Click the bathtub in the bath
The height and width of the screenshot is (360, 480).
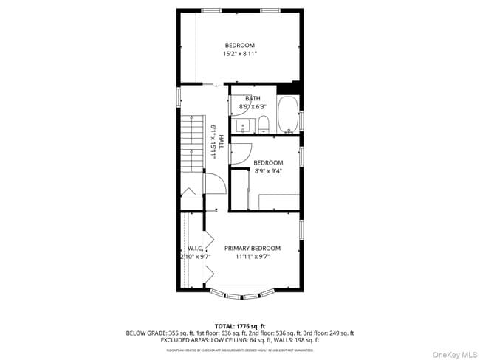(x=288, y=116)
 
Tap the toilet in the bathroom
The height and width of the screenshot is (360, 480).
(x=264, y=125)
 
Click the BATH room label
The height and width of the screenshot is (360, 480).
(x=253, y=99)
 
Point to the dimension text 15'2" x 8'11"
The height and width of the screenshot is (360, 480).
(x=240, y=54)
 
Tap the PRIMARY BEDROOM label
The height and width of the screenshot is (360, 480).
(x=253, y=249)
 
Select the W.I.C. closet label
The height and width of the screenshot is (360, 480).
(x=194, y=249)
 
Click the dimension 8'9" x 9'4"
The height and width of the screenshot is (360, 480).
(x=268, y=171)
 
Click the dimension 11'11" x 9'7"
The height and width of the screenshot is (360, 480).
(x=253, y=257)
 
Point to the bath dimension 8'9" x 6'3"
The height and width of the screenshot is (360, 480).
(x=253, y=107)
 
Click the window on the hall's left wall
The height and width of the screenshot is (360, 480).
(x=178, y=97)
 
